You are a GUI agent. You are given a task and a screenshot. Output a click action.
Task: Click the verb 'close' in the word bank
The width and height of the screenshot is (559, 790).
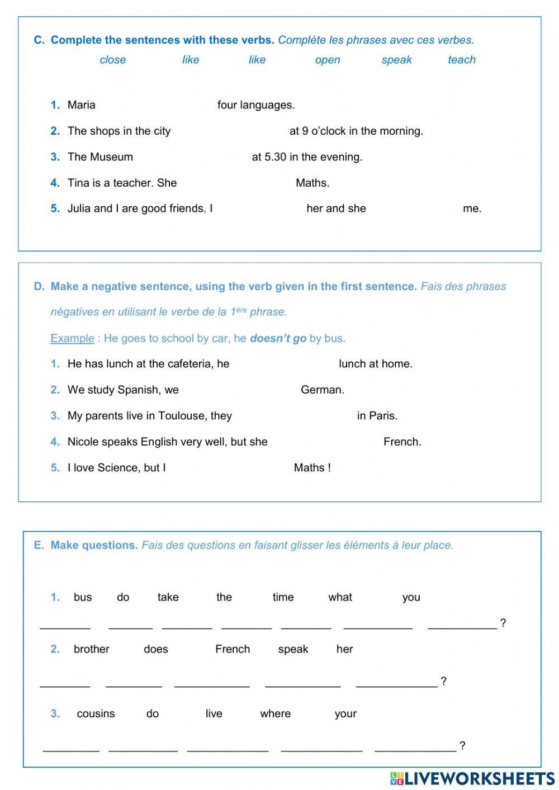tap(112, 60)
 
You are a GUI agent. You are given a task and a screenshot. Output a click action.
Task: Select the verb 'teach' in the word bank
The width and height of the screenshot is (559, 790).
tap(461, 60)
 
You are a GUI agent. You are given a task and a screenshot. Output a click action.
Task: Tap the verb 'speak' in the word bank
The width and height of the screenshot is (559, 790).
tap(396, 60)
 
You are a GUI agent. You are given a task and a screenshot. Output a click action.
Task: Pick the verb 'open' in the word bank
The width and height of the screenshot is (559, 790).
tap(327, 60)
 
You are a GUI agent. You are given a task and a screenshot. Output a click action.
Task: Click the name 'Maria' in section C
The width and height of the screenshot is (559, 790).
tap(81, 105)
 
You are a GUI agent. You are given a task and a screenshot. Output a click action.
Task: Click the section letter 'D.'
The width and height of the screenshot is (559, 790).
tap(39, 287)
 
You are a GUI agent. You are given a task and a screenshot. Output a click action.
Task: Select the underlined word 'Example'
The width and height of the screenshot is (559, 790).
tap(72, 338)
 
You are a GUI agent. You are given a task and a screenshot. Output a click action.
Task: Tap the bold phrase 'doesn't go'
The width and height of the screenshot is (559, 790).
tap(278, 338)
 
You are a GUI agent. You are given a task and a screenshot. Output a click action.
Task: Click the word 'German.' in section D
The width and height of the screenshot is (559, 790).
tap(322, 390)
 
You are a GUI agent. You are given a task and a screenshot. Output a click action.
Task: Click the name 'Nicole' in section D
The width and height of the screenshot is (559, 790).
tap(83, 442)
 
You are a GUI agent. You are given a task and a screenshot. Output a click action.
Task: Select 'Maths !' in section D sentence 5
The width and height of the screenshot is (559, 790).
tap(312, 468)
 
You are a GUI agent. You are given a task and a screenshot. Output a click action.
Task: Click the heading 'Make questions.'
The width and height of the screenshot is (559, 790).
tap(94, 545)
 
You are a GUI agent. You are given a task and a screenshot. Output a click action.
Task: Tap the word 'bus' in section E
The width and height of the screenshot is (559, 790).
tap(83, 597)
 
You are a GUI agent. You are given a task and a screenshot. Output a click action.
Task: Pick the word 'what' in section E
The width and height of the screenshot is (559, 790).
tap(340, 597)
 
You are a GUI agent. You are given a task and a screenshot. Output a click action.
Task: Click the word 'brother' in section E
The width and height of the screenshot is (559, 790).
tap(92, 649)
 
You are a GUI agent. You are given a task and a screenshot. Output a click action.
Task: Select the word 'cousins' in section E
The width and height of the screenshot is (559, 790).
tap(96, 714)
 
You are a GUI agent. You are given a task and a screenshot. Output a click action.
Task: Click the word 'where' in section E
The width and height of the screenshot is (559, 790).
tap(275, 714)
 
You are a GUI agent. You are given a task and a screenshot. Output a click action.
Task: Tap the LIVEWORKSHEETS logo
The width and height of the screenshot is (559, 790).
tap(472, 778)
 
